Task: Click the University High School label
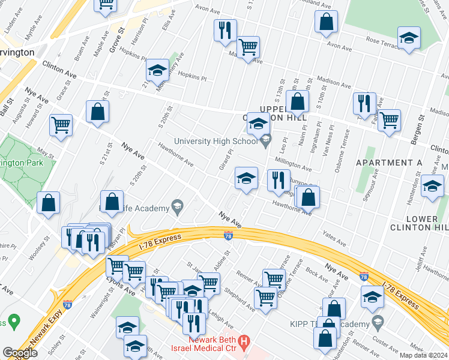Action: click(215, 142)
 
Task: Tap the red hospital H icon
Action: click(244, 343)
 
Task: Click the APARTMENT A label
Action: click(389, 163)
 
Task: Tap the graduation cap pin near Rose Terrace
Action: click(409, 37)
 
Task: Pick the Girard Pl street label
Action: click(226, 159)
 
